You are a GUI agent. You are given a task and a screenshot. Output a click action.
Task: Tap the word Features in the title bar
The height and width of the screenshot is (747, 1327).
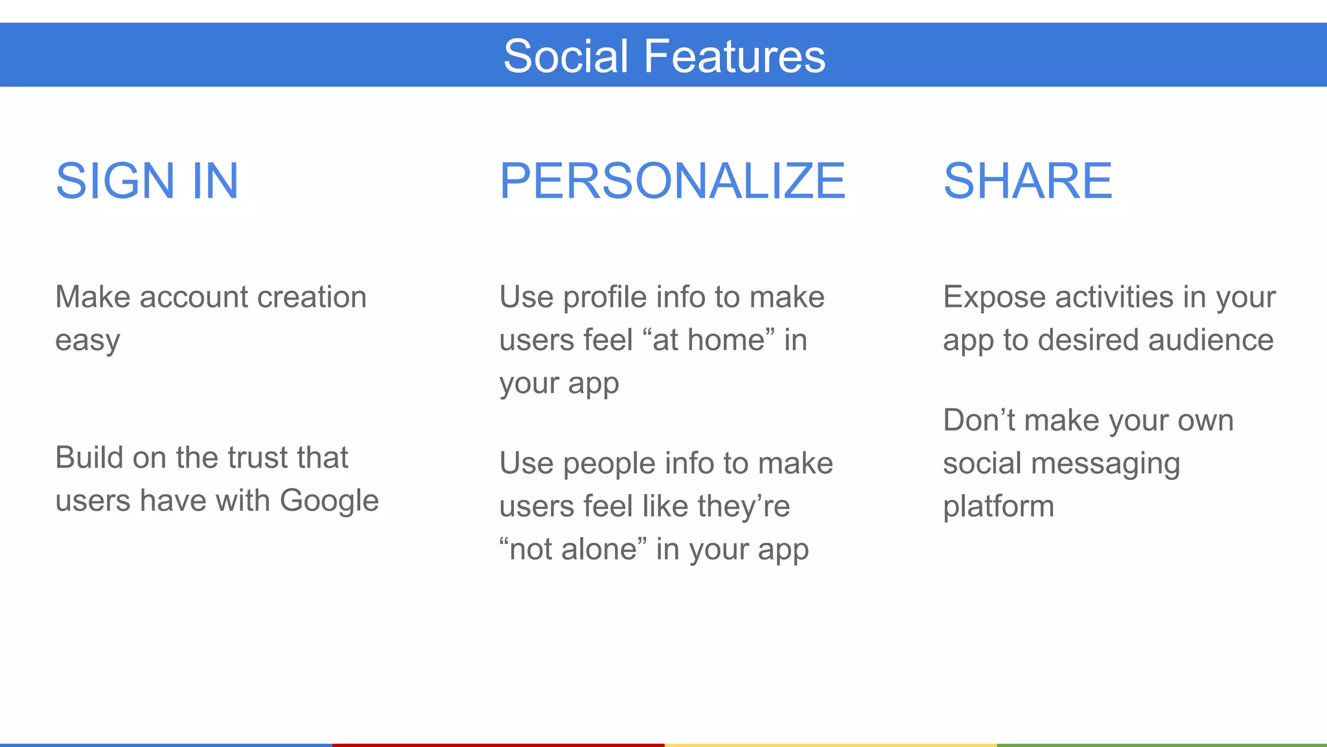[x=734, y=56]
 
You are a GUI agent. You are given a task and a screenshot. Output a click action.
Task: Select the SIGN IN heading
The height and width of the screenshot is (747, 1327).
[x=147, y=180]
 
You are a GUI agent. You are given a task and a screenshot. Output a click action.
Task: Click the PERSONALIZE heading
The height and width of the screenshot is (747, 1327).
[x=672, y=180]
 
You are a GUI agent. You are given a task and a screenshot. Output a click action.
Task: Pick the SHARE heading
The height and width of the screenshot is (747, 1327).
[x=1028, y=180]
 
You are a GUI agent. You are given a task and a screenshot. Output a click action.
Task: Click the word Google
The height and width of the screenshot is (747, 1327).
[x=329, y=501]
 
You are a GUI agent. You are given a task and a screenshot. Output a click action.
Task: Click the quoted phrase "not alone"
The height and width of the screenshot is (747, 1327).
[x=573, y=549]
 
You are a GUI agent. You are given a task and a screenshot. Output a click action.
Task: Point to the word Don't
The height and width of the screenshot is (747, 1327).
[x=979, y=420]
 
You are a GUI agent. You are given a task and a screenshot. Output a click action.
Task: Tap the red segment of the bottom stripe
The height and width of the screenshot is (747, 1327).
[x=498, y=744]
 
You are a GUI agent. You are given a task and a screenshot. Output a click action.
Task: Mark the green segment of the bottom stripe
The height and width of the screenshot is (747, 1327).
[x=1161, y=744]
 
